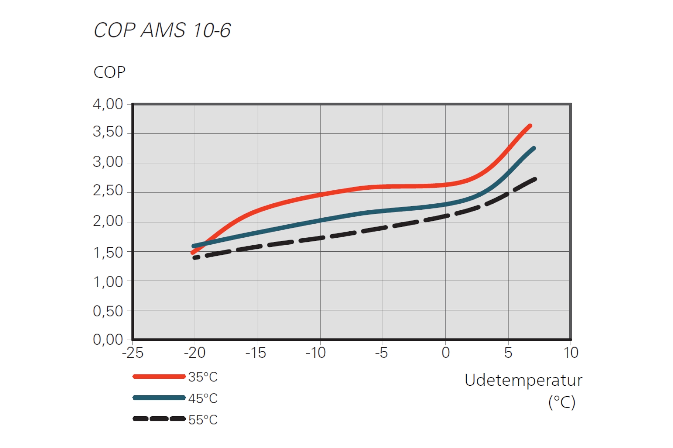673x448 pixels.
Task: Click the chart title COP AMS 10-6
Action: pos(162,30)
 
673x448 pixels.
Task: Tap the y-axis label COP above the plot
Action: pos(109,72)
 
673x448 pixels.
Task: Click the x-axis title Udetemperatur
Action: pos(523,380)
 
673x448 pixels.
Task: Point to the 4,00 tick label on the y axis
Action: pos(108,104)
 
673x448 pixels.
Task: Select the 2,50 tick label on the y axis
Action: pos(108,191)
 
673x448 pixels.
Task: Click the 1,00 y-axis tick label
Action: pos(108,282)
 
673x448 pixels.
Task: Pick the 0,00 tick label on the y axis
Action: pos(108,339)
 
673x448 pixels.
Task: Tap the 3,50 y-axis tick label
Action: pos(108,132)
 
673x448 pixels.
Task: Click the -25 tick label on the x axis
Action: pos(132,353)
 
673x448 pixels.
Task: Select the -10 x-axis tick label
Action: pos(316,353)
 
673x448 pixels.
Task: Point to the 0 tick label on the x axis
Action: pos(446,353)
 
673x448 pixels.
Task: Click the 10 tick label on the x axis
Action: pos(571,353)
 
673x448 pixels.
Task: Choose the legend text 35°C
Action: pos(203,377)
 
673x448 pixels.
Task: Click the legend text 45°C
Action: pos(203,398)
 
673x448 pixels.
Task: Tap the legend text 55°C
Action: pos(203,420)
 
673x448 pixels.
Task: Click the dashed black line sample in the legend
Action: pos(159,419)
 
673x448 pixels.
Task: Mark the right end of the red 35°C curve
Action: pos(530,126)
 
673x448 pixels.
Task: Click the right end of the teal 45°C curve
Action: pos(534,148)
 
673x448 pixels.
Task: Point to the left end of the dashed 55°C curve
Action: pos(195,258)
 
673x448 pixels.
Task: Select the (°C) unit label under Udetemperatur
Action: pos(562,402)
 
